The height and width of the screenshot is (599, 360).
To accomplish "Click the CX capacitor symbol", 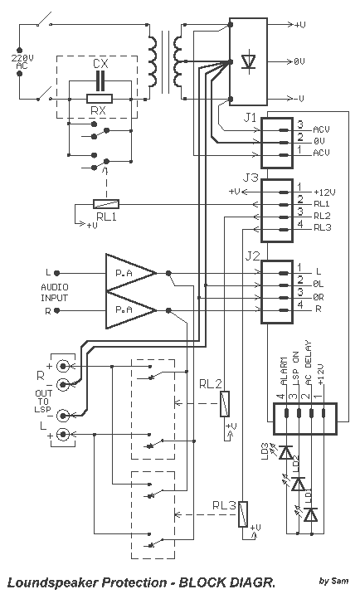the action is pos(100,80).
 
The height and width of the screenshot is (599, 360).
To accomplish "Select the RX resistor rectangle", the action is pos(100,99).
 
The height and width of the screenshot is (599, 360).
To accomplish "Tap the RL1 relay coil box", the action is pos(106,204).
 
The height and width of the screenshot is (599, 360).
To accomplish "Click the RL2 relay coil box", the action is pos(226,404).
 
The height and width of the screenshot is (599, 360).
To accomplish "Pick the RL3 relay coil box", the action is pos(243,514).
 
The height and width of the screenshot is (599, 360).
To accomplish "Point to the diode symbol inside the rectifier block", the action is pos(249,61).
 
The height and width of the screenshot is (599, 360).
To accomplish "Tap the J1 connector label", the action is pos(250,118).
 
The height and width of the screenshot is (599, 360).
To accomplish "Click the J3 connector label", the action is pos(251,178).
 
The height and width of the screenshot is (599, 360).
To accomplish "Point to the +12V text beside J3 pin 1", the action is pos(324,192).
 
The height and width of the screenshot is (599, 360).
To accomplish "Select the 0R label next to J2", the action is pos(319,297).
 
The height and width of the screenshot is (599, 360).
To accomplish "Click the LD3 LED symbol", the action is pos(285,453).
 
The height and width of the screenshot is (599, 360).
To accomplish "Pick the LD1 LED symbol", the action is pos(311,514).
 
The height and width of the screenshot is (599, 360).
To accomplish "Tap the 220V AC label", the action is pos(22,62).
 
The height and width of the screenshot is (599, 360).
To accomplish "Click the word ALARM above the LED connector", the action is pos(283,371).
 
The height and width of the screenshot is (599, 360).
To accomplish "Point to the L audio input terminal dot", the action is pos(57,273).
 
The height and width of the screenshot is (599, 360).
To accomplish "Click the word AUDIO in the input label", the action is pos(55,287).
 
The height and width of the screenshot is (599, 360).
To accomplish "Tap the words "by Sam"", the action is pos(333,581).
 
